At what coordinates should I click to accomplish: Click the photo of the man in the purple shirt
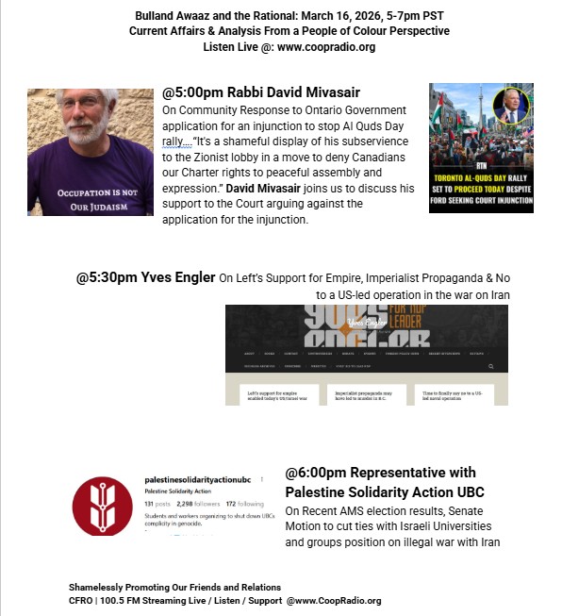pos(91,152)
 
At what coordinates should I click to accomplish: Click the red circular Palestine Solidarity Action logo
pos(102,507)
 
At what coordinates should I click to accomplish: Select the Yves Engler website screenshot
pos(366,355)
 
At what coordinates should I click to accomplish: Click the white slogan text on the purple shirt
pos(91,198)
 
